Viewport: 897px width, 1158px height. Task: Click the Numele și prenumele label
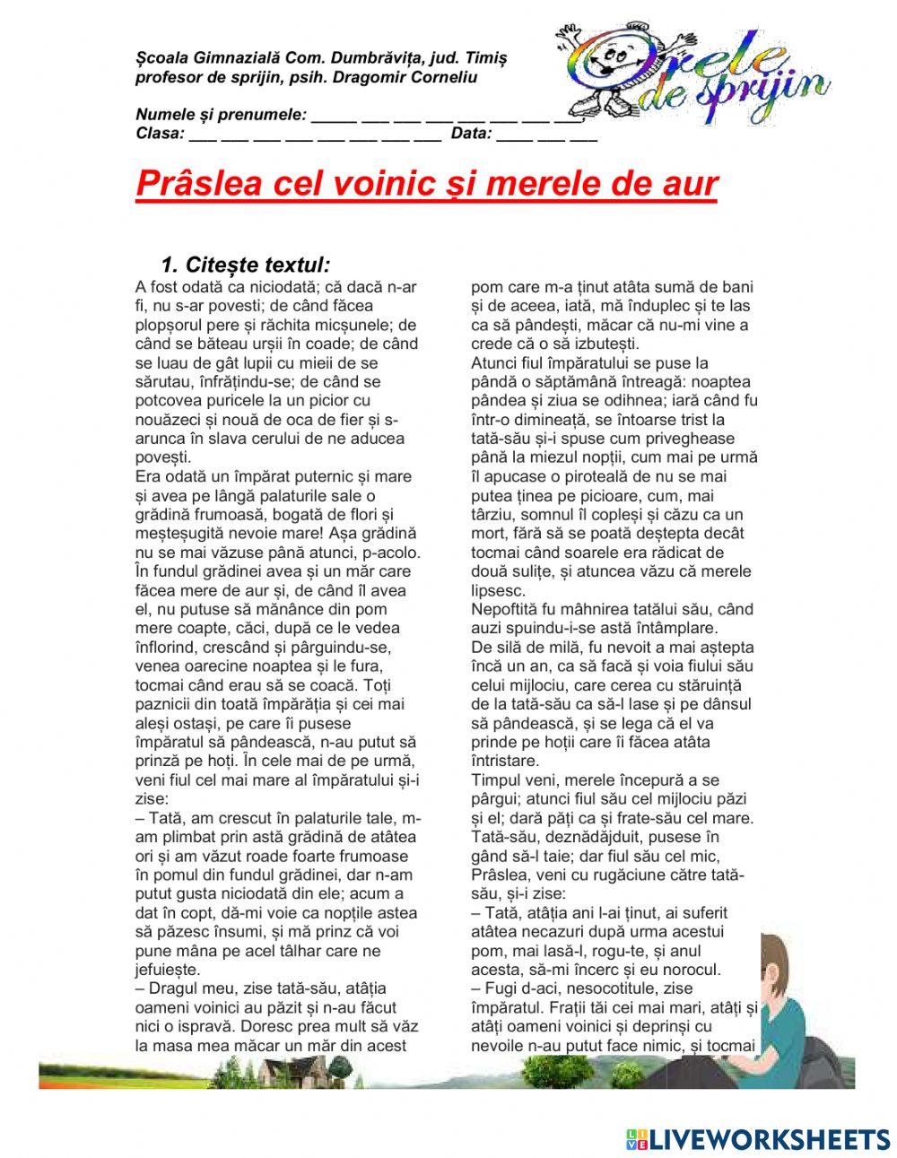pyautogui.click(x=221, y=115)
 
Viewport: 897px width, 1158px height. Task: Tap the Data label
pyautogui.click(x=471, y=134)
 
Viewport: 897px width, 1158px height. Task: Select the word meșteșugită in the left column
pyautogui.click(x=179, y=533)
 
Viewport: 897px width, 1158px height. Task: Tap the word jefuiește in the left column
pyautogui.click(x=168, y=970)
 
